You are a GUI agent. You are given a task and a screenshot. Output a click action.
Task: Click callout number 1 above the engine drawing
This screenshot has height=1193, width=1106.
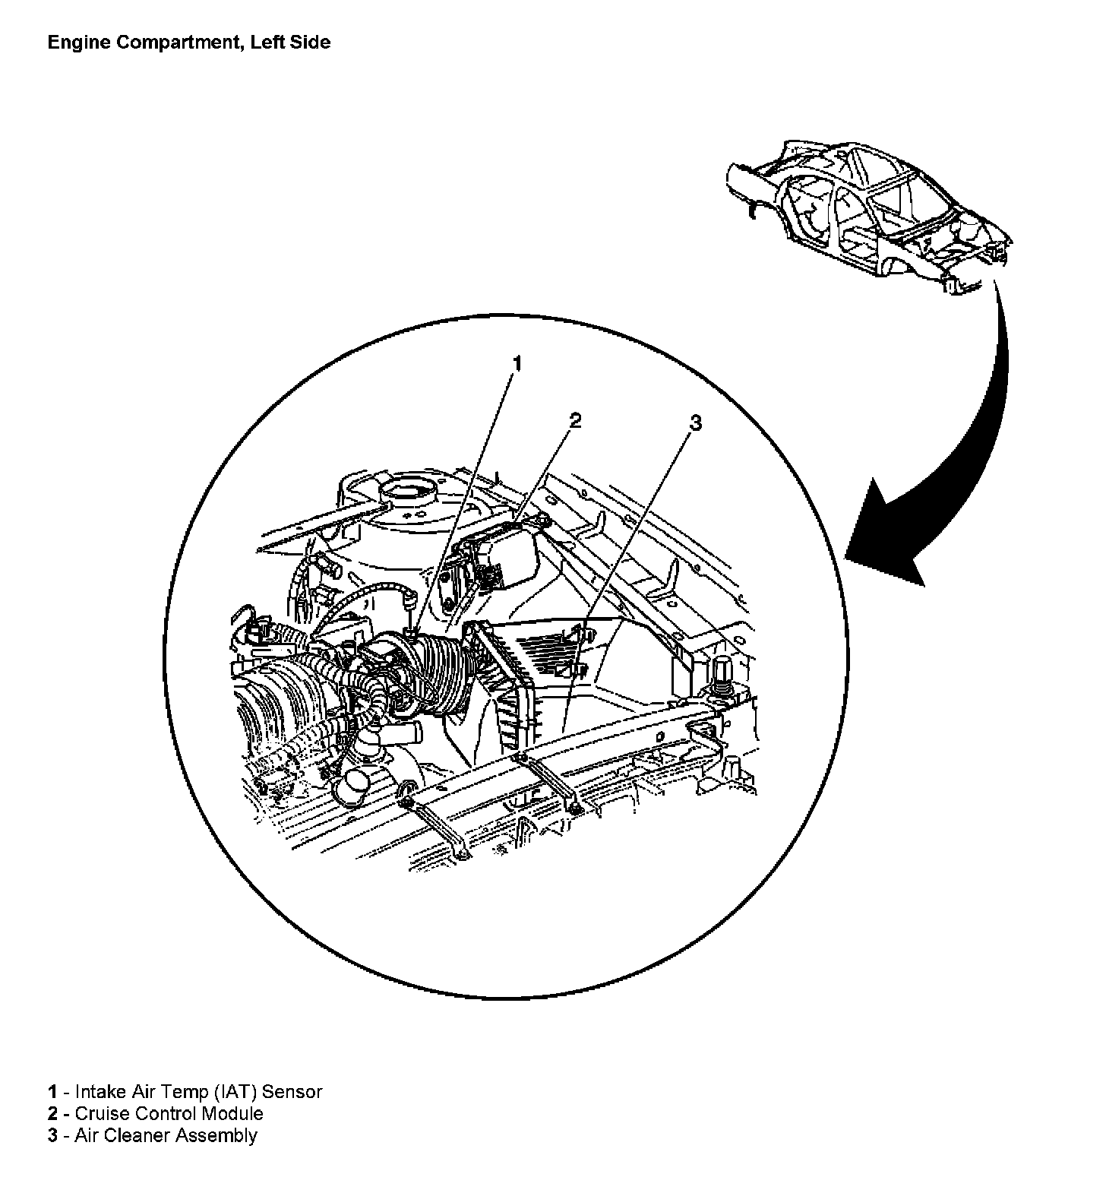pyautogui.click(x=517, y=363)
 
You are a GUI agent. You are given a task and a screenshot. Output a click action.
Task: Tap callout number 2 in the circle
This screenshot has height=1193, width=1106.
pyautogui.click(x=576, y=420)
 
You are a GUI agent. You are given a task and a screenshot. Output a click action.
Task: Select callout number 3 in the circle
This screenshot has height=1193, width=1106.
pyautogui.click(x=694, y=422)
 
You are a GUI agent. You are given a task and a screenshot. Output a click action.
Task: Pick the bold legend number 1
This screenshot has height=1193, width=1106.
pyautogui.click(x=52, y=1092)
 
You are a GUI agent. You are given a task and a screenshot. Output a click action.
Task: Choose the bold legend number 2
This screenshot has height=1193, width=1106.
pyautogui.click(x=52, y=1114)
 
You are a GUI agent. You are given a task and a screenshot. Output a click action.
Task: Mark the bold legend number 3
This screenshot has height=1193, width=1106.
pyautogui.click(x=52, y=1136)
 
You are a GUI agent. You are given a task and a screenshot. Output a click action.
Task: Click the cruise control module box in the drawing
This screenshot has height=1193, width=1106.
pyautogui.click(x=505, y=551)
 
